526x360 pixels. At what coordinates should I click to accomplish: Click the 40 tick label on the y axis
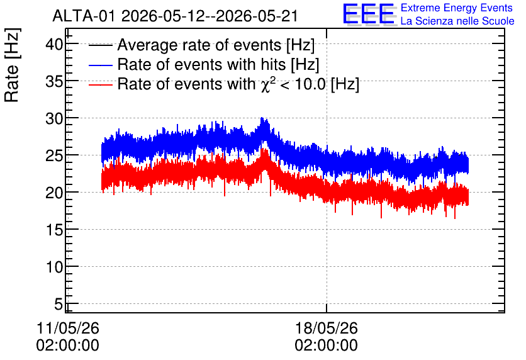pyautogui.click(x=54, y=44)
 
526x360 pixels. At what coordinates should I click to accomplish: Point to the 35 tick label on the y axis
pyautogui.click(x=54, y=81)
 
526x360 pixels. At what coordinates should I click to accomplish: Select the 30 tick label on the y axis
pyautogui.click(x=54, y=118)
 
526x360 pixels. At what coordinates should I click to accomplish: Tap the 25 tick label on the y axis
pyautogui.click(x=54, y=155)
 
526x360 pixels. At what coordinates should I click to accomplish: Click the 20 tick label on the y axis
pyautogui.click(x=54, y=193)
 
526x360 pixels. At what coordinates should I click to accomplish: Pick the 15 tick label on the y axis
pyautogui.click(x=54, y=230)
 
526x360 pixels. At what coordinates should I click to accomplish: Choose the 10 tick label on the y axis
pyautogui.click(x=54, y=267)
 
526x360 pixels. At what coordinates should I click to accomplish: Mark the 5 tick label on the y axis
pyautogui.click(x=59, y=305)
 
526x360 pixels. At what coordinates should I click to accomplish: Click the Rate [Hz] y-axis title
pyautogui.click(x=12, y=65)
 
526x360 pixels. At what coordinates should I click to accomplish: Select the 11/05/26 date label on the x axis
pyautogui.click(x=68, y=328)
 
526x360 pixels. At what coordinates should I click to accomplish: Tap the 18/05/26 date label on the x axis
pyautogui.click(x=327, y=328)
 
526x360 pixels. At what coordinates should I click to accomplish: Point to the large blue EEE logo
pyautogui.click(x=368, y=14)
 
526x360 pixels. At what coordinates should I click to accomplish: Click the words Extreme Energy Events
pyautogui.click(x=457, y=8)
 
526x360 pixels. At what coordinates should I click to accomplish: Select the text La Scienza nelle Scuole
pyautogui.click(x=457, y=21)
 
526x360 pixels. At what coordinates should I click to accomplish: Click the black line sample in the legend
pyautogui.click(x=100, y=45)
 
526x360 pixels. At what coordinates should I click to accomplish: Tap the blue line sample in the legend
pyautogui.click(x=100, y=65)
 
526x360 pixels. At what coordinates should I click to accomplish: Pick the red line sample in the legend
pyautogui.click(x=100, y=84)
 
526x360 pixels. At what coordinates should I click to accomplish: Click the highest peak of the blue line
pyautogui.click(x=262, y=118)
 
